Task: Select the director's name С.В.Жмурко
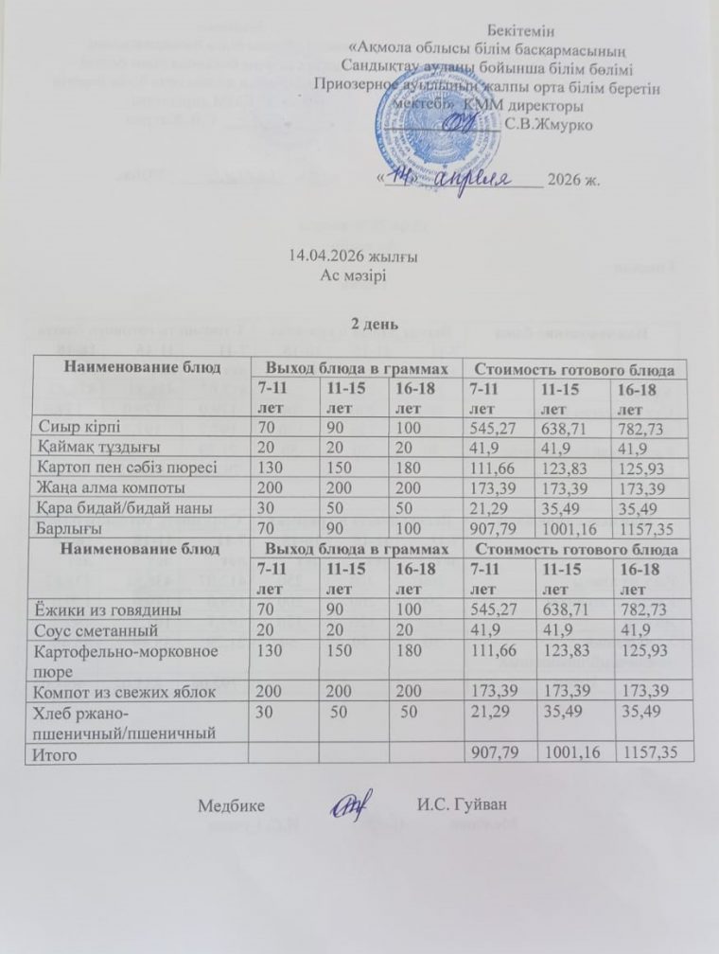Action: (x=550, y=123)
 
